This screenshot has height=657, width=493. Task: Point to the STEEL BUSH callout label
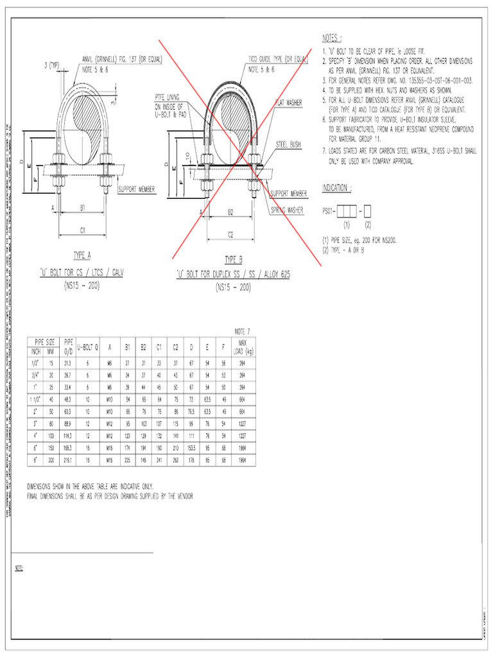tap(289, 144)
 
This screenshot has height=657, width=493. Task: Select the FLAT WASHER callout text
tap(290, 103)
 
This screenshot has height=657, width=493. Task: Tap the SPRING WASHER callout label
tap(287, 210)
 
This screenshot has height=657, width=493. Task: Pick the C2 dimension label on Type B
tap(230, 235)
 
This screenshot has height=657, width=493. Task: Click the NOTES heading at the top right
tap(336, 38)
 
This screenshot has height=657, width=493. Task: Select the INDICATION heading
tap(336, 188)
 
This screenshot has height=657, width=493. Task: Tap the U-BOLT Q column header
tap(87, 347)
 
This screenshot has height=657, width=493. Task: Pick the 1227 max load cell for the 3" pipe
tap(242, 423)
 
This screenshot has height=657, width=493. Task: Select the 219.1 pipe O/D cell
tap(68, 460)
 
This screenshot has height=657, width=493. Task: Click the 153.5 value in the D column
tap(191, 448)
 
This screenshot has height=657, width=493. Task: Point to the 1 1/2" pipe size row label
tap(35, 399)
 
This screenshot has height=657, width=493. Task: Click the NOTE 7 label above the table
tap(241, 331)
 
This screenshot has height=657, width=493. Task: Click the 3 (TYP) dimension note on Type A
tap(52, 64)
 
